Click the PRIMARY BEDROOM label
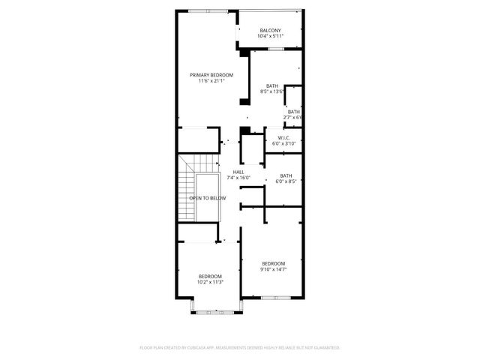(211, 74)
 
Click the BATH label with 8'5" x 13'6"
(271, 85)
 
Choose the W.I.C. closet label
(283, 137)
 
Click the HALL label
(238, 172)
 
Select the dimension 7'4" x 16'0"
(238, 178)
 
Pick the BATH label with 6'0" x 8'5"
(286, 175)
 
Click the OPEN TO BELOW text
(208, 198)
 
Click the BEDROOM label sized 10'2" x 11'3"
(210, 276)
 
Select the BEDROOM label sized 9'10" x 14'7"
(273, 262)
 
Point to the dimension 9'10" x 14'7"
(273, 268)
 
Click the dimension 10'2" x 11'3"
(210, 282)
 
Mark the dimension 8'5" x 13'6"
(271, 91)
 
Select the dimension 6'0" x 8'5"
(286, 181)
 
